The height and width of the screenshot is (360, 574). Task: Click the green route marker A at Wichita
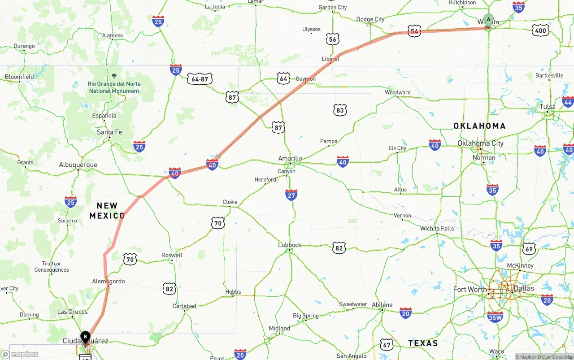coord(488,20)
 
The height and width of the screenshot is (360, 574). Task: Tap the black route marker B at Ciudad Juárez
coord(85,337)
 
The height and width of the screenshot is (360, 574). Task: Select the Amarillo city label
coord(290,158)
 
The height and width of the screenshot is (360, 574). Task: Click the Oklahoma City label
coord(480,143)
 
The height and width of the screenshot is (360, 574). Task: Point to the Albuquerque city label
coord(78,165)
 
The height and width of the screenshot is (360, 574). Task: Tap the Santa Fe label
coord(109,132)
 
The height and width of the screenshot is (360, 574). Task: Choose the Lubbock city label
coord(290,245)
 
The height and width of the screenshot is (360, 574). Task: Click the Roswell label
coord(172,255)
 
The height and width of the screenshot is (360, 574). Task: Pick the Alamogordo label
coord(109,282)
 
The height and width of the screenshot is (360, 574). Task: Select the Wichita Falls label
coord(437,229)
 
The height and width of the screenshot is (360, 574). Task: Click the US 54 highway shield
coord(414,31)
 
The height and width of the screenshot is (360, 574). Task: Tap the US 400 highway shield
coord(540,30)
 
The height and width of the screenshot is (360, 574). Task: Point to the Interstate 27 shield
coord(291,195)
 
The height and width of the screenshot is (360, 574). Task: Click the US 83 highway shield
coord(340,110)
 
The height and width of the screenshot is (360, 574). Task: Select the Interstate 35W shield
coord(495,317)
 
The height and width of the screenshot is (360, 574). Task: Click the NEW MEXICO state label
coord(107,211)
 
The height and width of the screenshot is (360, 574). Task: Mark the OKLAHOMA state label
coord(479,126)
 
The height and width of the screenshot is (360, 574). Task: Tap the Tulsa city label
coord(548,107)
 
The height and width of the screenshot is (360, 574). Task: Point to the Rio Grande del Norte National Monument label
coord(114,87)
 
